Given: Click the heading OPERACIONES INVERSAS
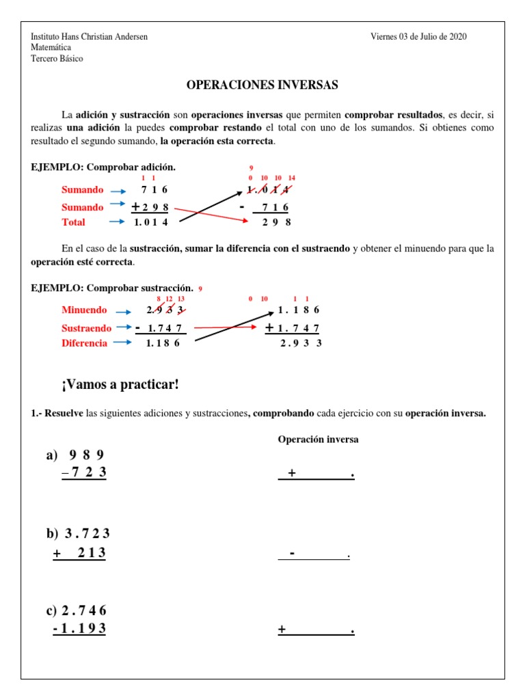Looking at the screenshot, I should (x=262, y=85).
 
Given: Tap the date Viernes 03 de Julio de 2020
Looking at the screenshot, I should (x=418, y=37).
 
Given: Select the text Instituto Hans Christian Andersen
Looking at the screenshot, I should (x=90, y=37).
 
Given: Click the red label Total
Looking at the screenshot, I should (x=73, y=222).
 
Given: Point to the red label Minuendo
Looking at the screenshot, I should (x=84, y=310).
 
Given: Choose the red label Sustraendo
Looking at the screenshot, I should (x=86, y=328).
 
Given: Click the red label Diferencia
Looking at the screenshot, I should (x=84, y=343).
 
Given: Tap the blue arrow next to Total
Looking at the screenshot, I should (x=118, y=222).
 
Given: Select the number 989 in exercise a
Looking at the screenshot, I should (x=87, y=455).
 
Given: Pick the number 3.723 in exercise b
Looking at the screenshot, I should (x=87, y=533).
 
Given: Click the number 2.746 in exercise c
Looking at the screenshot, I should (x=84, y=610).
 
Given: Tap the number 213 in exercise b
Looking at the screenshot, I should (x=92, y=553).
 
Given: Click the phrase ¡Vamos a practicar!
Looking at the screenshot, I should (x=120, y=385).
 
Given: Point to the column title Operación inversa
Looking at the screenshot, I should (x=318, y=440).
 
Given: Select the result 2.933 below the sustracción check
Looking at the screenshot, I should (x=301, y=343).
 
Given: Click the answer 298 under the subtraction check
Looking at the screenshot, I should (x=277, y=222).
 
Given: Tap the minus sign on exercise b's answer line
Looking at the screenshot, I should (x=292, y=553).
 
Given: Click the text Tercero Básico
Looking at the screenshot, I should (x=57, y=59).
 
